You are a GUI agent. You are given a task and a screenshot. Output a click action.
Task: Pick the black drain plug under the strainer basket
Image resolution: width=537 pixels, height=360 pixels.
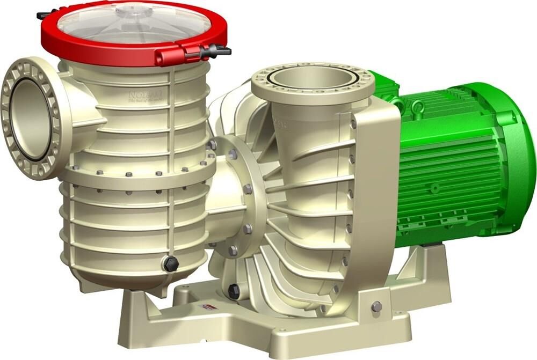pos(171,264)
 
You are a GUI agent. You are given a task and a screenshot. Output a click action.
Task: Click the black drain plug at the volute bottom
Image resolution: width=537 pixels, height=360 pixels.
pos(234,291)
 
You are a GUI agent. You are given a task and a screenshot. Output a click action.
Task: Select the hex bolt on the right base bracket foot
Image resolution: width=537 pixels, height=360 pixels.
pos(376,306)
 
